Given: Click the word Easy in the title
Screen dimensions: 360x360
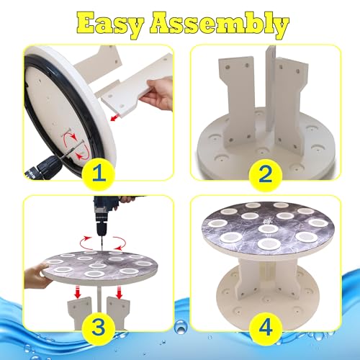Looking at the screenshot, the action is coord(110,24).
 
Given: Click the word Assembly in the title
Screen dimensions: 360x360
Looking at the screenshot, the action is coord(220,25).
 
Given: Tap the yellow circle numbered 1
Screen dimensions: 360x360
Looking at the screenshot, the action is coord(99,173).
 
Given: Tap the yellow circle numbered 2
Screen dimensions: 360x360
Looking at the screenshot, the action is coord(265,174).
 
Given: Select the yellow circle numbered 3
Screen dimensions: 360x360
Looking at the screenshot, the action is coord(99,327).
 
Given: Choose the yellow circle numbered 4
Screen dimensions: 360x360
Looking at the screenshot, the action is coord(266,328).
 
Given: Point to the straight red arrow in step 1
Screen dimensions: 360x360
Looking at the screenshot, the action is coord(115,117).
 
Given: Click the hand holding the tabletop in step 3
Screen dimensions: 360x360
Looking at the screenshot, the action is coord(37,275).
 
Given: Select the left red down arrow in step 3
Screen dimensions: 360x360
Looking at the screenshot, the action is coord(77,292).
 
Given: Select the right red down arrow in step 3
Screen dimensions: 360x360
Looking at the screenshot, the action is coord(118,292).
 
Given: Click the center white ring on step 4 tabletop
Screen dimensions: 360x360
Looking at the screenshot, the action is coord(268,228).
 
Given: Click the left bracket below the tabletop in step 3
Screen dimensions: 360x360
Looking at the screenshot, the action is coord(80,312).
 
